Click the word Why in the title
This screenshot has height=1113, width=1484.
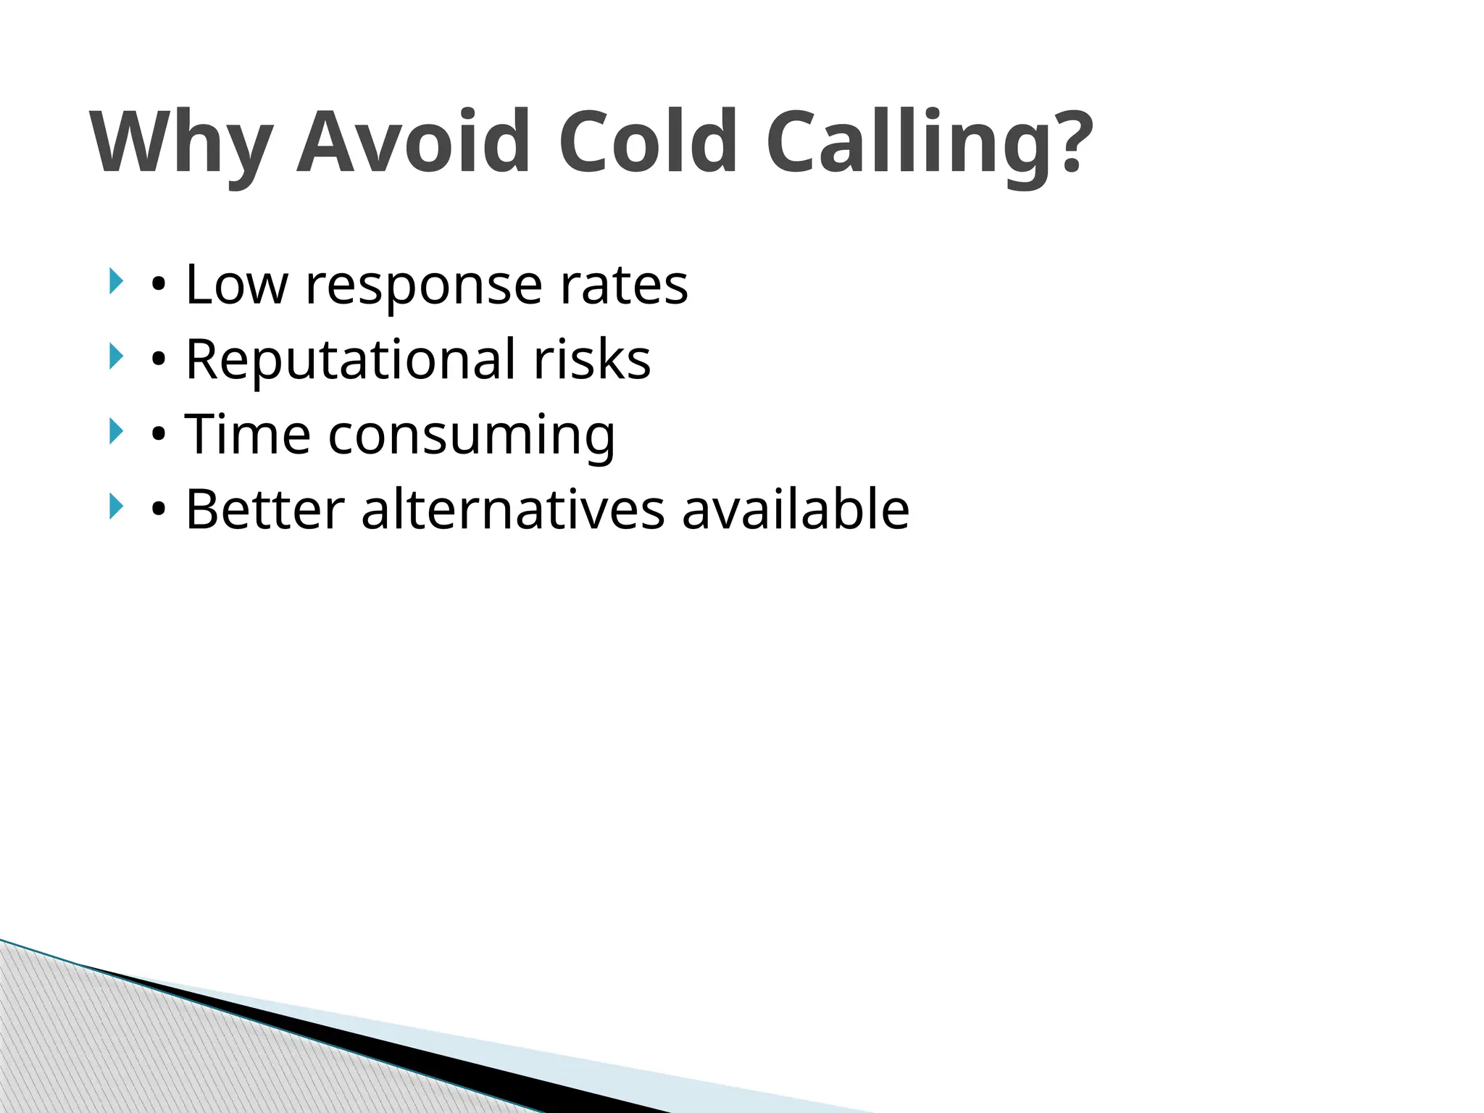182,142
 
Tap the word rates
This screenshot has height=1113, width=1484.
624,285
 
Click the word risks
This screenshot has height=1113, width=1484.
592,360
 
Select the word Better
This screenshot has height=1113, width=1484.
264,509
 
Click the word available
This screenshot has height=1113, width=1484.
796,509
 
